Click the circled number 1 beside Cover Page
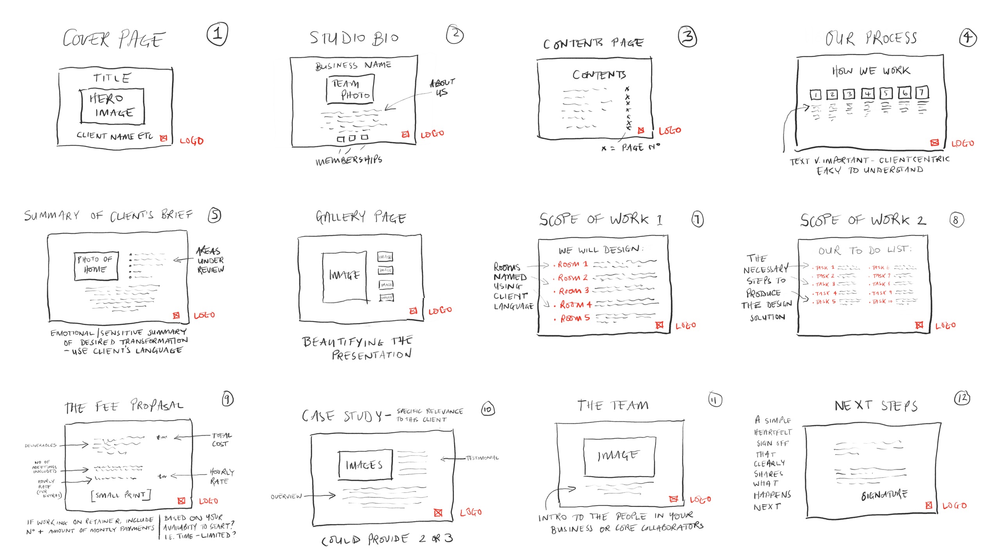(x=217, y=34)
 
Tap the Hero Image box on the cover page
(x=113, y=106)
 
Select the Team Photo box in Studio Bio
(x=350, y=89)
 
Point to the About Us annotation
(x=442, y=87)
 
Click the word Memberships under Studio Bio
(x=349, y=160)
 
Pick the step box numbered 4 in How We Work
(x=867, y=94)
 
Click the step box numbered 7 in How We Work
(x=922, y=93)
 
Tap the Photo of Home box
(x=96, y=266)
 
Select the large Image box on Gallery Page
(x=344, y=276)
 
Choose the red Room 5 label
(x=575, y=318)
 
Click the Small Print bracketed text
(x=121, y=495)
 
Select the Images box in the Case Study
(x=364, y=465)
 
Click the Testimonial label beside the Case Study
(x=482, y=458)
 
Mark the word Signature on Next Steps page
(x=884, y=495)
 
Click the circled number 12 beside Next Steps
(x=962, y=398)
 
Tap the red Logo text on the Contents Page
(x=670, y=131)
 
